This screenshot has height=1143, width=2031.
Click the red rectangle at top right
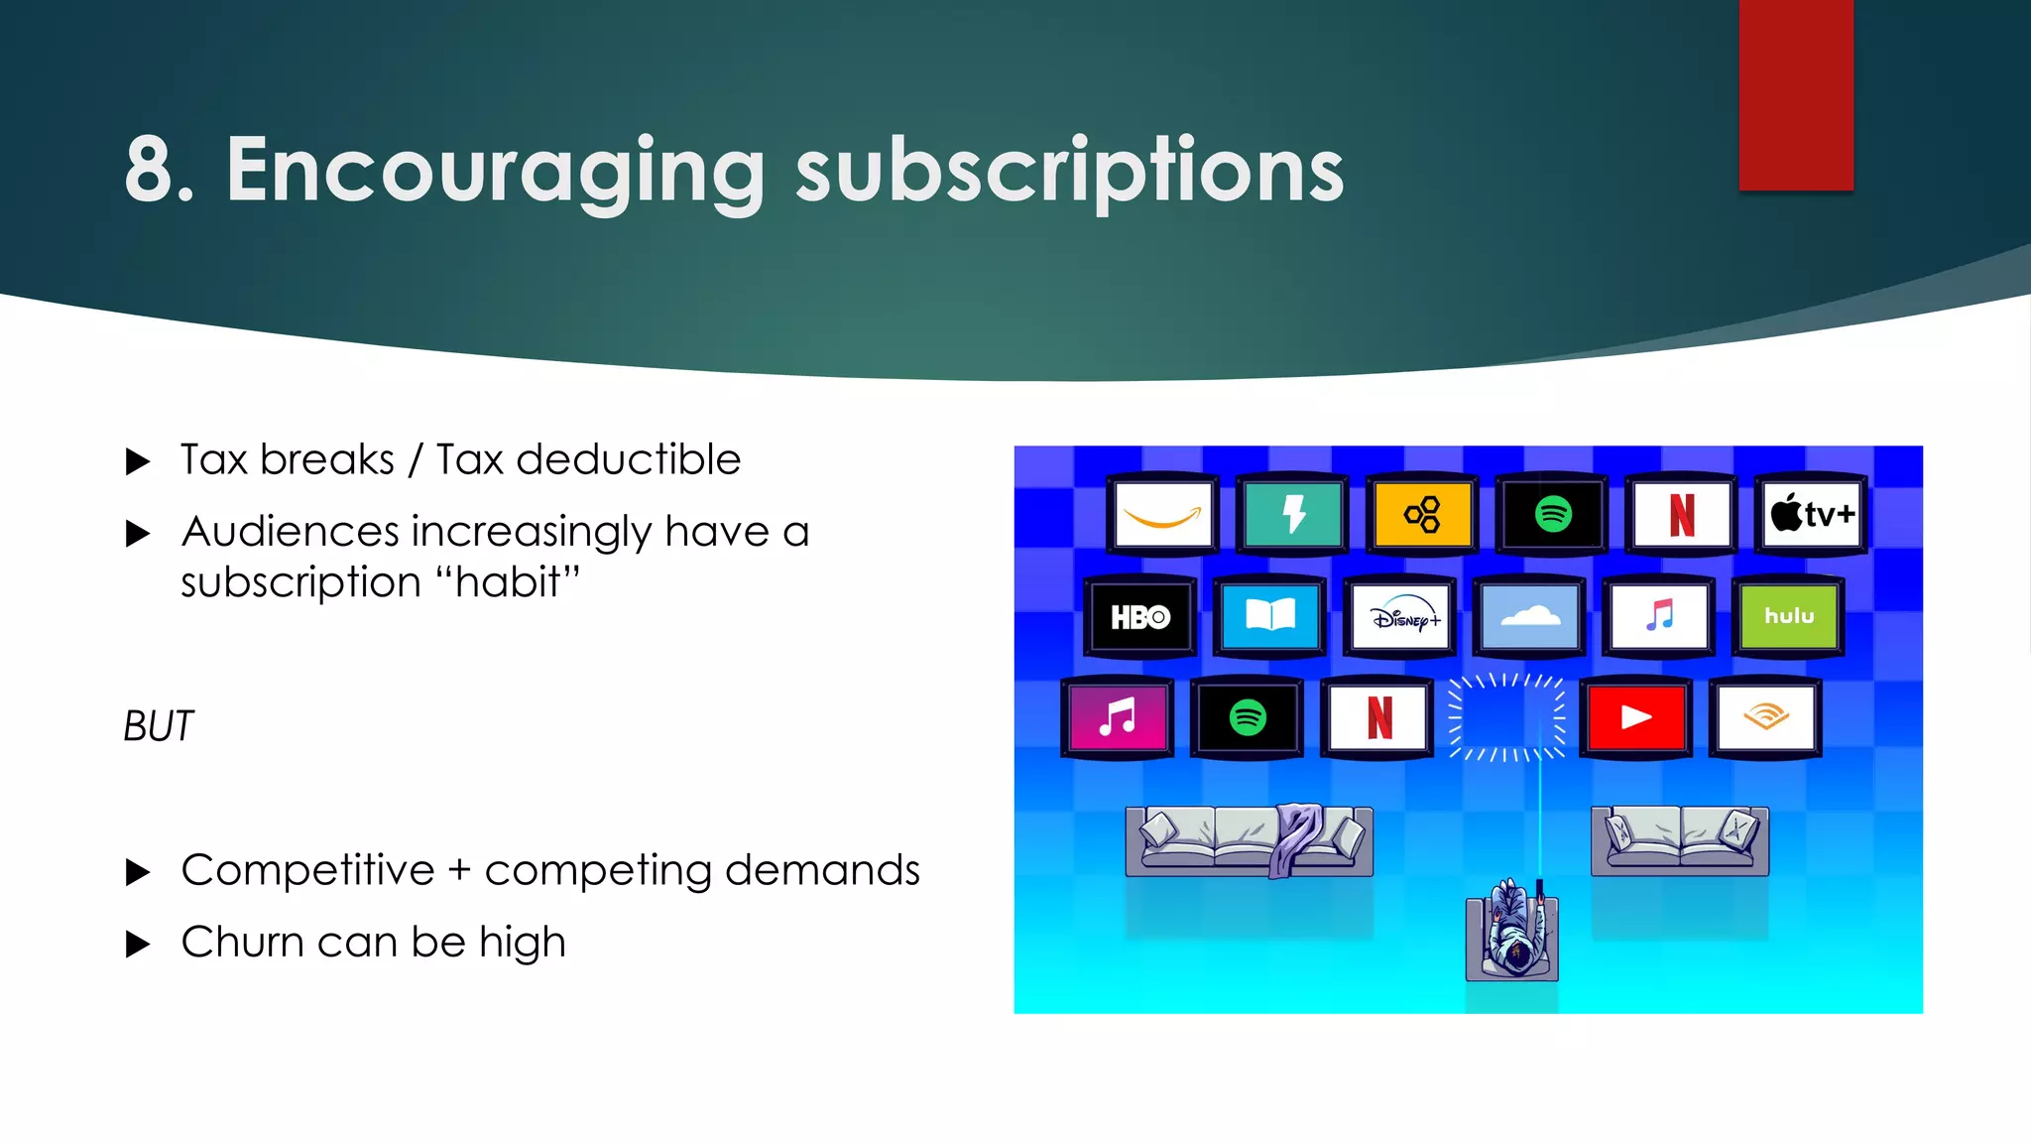click(1795, 94)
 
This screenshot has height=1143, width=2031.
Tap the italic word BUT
click(159, 726)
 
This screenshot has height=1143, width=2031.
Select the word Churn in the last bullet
click(242, 943)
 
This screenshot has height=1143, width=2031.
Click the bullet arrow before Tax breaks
click(138, 461)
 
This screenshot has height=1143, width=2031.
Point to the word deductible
click(628, 460)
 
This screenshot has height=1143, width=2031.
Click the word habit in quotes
click(507, 582)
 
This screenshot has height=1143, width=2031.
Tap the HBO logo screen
click(1139, 617)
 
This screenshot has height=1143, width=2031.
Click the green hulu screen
click(1788, 617)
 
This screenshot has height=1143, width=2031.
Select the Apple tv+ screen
click(1812, 514)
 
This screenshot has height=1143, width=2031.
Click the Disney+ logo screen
click(1399, 617)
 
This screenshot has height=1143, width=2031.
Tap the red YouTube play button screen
click(1635, 717)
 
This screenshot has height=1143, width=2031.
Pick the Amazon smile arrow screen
click(1162, 515)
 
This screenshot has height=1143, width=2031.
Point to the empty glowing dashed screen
click(1505, 717)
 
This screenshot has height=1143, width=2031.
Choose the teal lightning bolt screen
click(1292, 515)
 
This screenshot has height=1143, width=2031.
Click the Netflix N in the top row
click(1681, 515)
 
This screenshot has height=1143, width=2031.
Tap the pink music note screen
click(1117, 717)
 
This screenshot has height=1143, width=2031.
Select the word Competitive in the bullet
click(307, 871)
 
